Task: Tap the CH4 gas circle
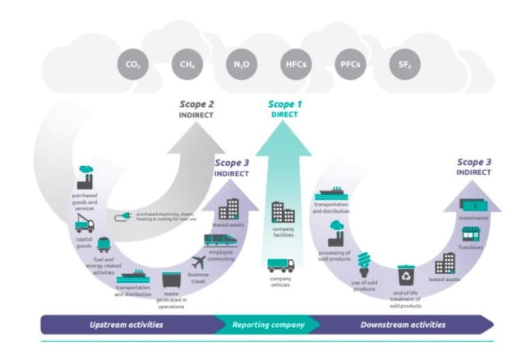[187, 63]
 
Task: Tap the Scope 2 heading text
[197, 104]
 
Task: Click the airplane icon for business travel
[198, 262]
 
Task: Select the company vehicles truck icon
[281, 265]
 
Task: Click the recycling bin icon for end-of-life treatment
[405, 273]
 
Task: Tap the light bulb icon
[362, 265]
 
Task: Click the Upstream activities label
[126, 325]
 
